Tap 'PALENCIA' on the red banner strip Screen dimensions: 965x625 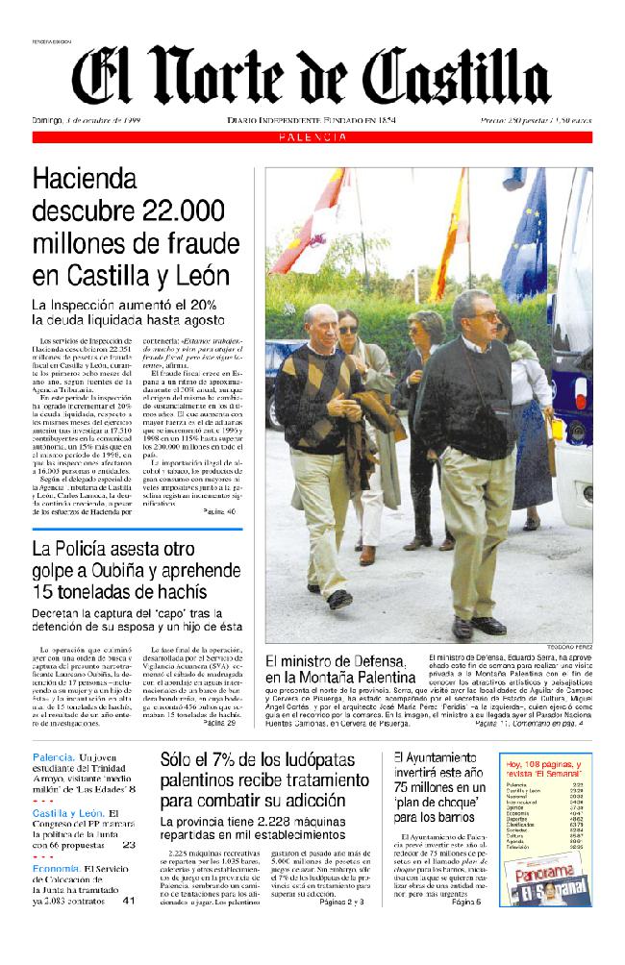tap(312, 137)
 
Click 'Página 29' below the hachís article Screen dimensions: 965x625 tap(219, 723)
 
